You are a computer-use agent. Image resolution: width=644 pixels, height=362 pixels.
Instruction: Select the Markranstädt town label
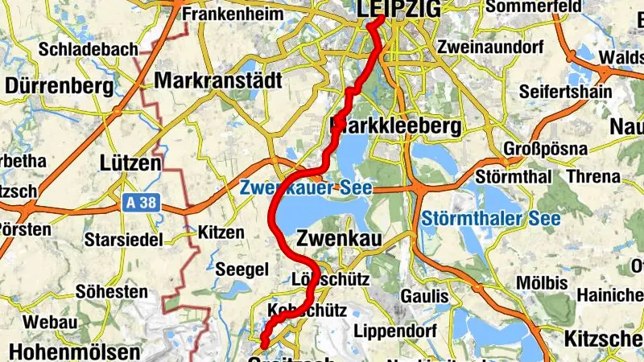tap(218, 81)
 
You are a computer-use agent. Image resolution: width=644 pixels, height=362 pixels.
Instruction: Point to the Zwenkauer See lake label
tap(306, 187)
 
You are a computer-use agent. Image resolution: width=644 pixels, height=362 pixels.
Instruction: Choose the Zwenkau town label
tap(337, 237)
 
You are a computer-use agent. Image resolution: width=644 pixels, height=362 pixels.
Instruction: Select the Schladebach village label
tap(89, 50)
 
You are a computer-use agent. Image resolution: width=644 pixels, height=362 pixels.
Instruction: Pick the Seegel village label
tap(237, 268)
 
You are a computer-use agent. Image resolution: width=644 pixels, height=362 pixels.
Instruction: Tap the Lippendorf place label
tap(394, 331)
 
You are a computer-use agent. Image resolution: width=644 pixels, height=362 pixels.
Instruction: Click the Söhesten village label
tap(111, 291)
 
